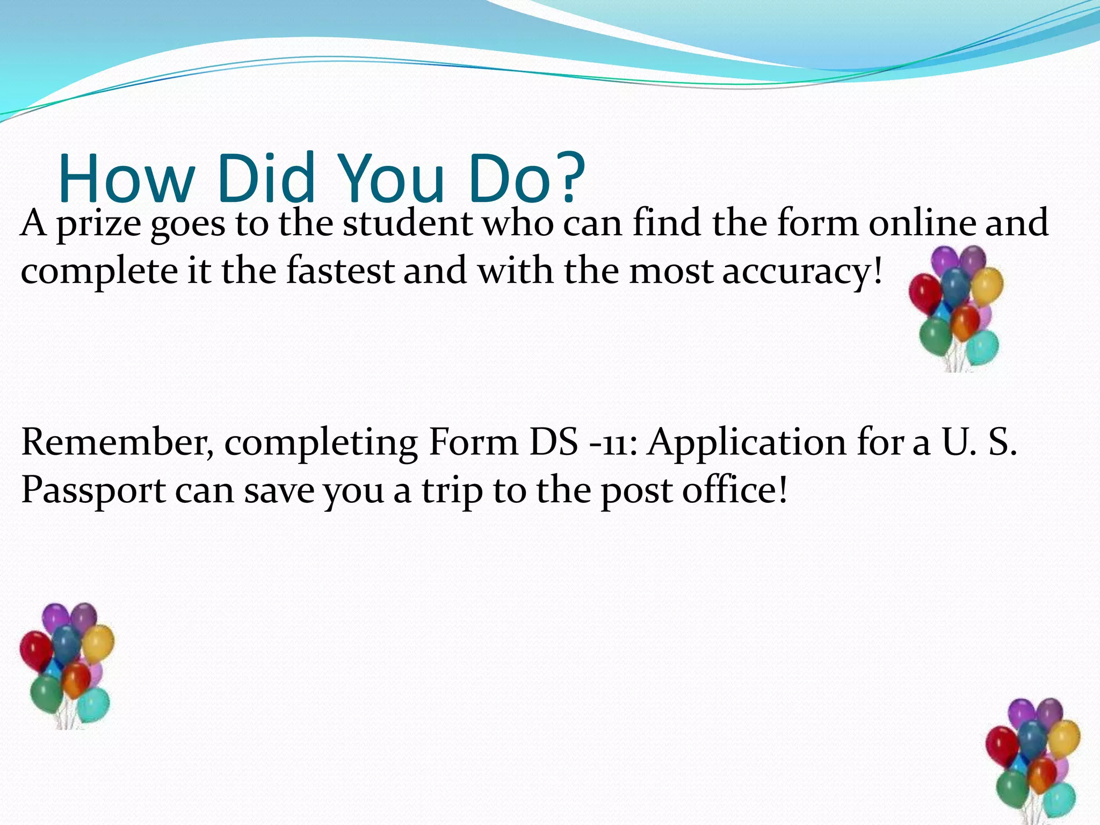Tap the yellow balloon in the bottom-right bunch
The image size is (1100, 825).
[x=1064, y=739]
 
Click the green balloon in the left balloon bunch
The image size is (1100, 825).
[x=46, y=692]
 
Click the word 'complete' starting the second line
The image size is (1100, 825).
[x=99, y=272]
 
